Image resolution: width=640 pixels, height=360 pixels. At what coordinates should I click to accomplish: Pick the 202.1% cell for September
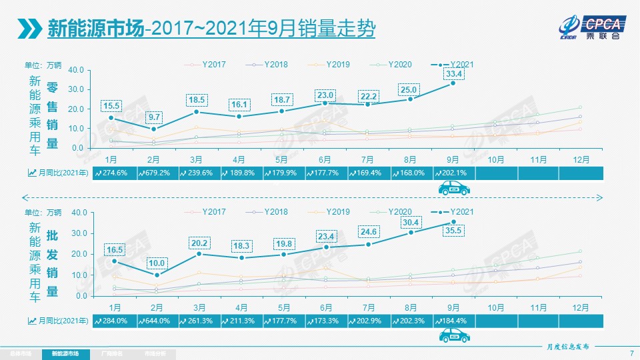454,173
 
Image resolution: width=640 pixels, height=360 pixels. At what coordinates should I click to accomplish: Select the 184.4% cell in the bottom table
454,321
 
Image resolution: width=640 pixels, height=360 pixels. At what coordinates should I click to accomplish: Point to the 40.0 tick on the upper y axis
75,70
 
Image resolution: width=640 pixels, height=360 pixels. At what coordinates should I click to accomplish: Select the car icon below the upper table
454,189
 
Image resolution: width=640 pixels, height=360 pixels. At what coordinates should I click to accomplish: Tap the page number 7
631,353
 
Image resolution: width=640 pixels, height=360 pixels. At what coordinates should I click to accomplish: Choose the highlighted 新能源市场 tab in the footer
65,353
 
